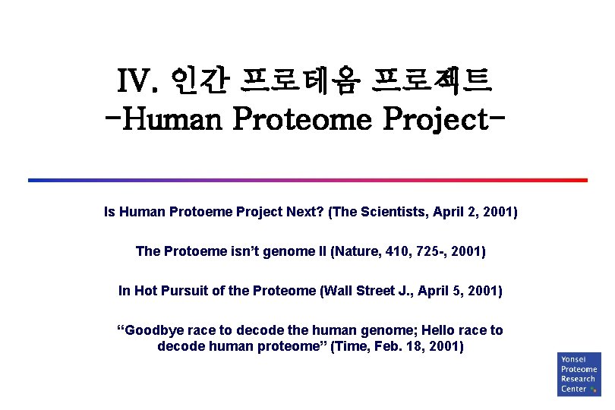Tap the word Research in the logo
click(578, 379)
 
